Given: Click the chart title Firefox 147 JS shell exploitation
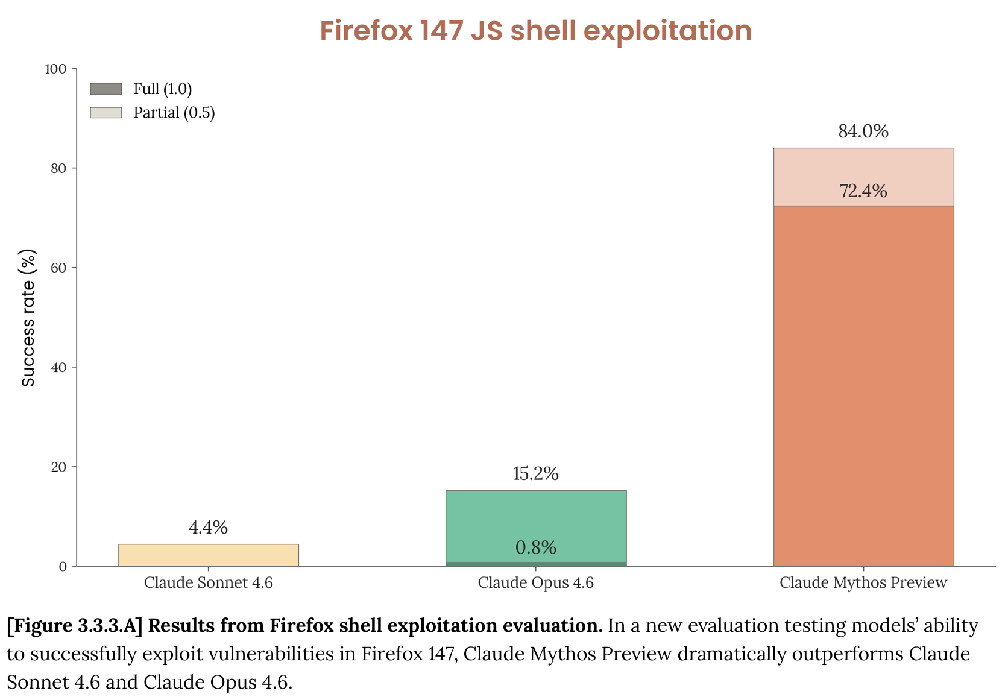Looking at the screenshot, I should click(x=535, y=31).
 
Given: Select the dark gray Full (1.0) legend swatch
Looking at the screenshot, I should click(x=106, y=89).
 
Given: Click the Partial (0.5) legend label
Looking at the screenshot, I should click(x=174, y=113).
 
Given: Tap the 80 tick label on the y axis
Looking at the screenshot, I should click(x=58, y=169).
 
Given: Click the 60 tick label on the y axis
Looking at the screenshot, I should click(x=58, y=268).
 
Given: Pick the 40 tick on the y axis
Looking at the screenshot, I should click(x=58, y=368).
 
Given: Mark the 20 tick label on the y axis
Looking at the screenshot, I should click(x=58, y=467).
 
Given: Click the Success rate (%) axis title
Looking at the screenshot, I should click(x=28, y=318).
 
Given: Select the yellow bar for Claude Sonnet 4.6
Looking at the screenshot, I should click(x=208, y=555).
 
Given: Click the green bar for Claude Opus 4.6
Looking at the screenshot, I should click(x=535, y=519).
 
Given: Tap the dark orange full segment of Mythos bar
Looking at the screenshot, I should click(x=863, y=386).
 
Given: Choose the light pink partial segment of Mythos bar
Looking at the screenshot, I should click(x=863, y=169).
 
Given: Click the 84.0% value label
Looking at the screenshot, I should click(x=863, y=131).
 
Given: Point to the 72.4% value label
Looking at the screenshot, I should click(x=863, y=191).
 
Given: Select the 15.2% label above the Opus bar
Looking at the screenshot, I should click(x=535, y=474).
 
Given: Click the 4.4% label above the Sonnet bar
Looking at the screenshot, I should click(x=208, y=528).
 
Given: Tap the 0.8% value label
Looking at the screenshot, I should click(x=535, y=547).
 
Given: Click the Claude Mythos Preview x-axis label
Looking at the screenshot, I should click(x=863, y=583).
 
